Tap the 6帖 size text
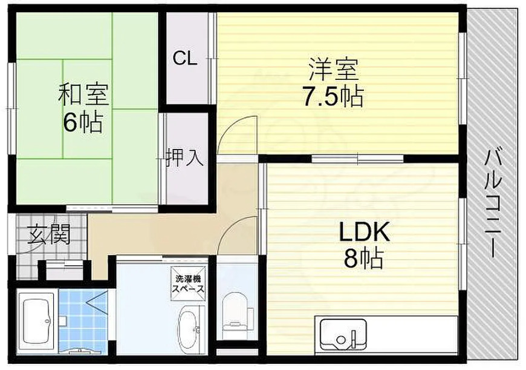click(83, 123)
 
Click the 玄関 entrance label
click(48, 234)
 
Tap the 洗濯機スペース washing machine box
click(190, 284)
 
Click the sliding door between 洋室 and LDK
click(357, 159)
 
